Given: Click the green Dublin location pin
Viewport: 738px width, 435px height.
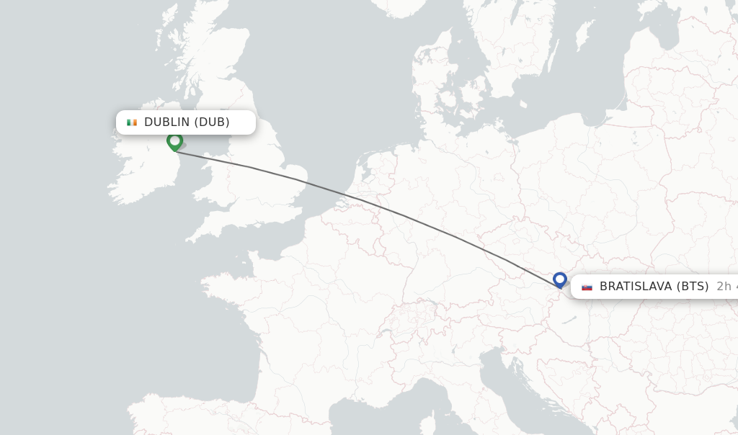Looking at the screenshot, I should point(174,140).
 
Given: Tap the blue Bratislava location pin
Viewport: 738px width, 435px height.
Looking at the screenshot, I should point(560,279).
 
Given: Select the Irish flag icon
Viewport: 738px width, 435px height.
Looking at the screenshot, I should point(132,122).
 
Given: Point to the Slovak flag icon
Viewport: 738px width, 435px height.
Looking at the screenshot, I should point(587,287).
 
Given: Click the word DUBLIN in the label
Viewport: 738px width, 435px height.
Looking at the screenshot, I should point(166,122).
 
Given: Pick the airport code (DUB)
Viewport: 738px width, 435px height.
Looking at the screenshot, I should point(212,122).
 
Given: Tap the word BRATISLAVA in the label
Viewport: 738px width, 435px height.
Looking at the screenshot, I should point(636,287).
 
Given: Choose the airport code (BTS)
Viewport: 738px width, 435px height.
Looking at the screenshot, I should point(693,287).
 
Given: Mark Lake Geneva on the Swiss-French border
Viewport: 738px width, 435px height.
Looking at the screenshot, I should point(385,332).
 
